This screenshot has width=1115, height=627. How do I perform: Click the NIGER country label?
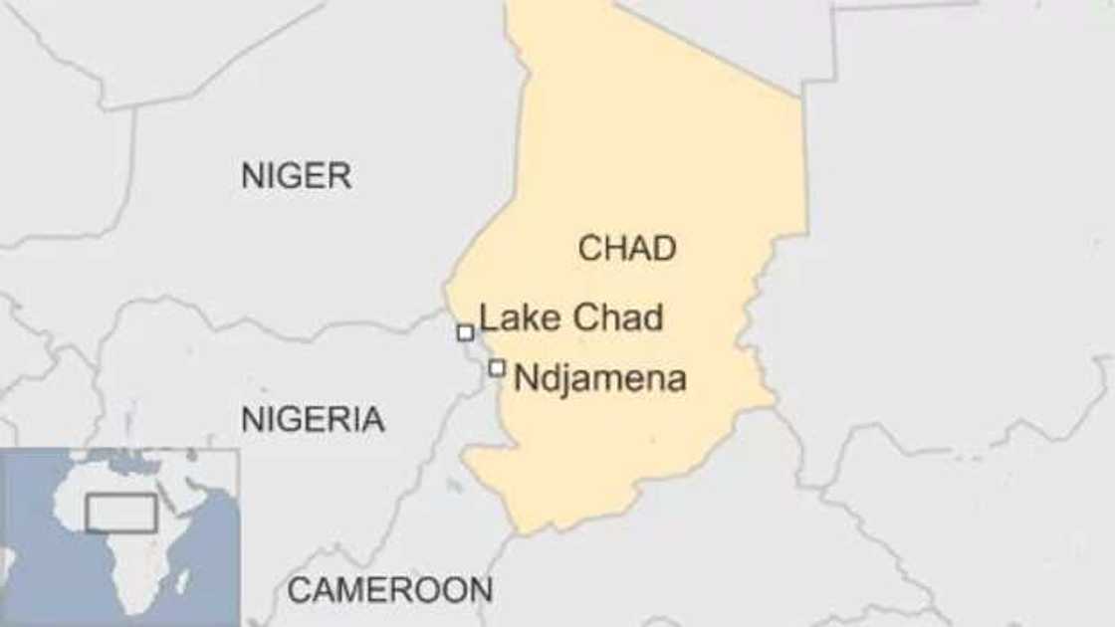coord(296,176)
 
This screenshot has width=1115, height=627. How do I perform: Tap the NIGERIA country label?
coord(313,420)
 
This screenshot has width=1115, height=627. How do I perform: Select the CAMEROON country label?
coord(389,590)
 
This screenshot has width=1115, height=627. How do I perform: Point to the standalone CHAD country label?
coord(627,249)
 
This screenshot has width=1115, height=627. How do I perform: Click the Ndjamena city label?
coord(599,378)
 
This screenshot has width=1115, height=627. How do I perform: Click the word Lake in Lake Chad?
coord(514,318)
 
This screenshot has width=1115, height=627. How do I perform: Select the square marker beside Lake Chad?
coord(465,332)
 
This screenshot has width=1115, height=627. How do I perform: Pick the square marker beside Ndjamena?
coord(497,368)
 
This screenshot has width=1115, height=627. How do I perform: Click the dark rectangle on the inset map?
coord(120,514)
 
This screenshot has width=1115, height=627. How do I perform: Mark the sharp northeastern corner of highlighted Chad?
coord(801,97)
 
